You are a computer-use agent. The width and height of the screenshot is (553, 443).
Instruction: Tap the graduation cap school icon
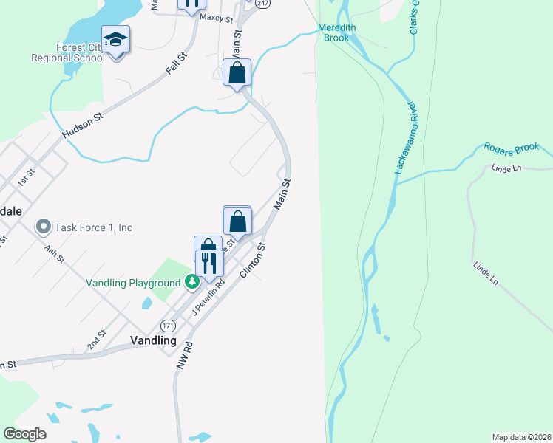[115, 39]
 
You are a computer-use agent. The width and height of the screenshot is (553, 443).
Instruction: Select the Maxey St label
[216, 18]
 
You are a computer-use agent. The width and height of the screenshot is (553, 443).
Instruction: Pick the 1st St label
[27, 177]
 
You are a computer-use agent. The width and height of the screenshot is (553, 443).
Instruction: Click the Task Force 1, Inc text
[93, 227]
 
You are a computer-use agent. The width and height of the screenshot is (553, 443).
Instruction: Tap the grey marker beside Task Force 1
[43, 227]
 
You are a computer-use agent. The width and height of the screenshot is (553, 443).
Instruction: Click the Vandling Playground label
[133, 283]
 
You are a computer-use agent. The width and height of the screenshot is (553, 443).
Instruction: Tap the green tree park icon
[191, 281]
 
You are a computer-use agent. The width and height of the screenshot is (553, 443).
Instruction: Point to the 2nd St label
[97, 339]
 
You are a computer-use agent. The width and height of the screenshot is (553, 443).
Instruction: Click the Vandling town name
[153, 341]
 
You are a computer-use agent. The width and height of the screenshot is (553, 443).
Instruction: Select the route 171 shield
[169, 325]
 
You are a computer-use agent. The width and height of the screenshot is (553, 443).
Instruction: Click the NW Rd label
[184, 355]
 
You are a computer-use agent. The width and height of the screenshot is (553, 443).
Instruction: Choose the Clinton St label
[252, 261]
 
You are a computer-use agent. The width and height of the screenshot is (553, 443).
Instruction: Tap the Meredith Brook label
[337, 32]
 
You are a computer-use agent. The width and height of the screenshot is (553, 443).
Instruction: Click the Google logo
[24, 434]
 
